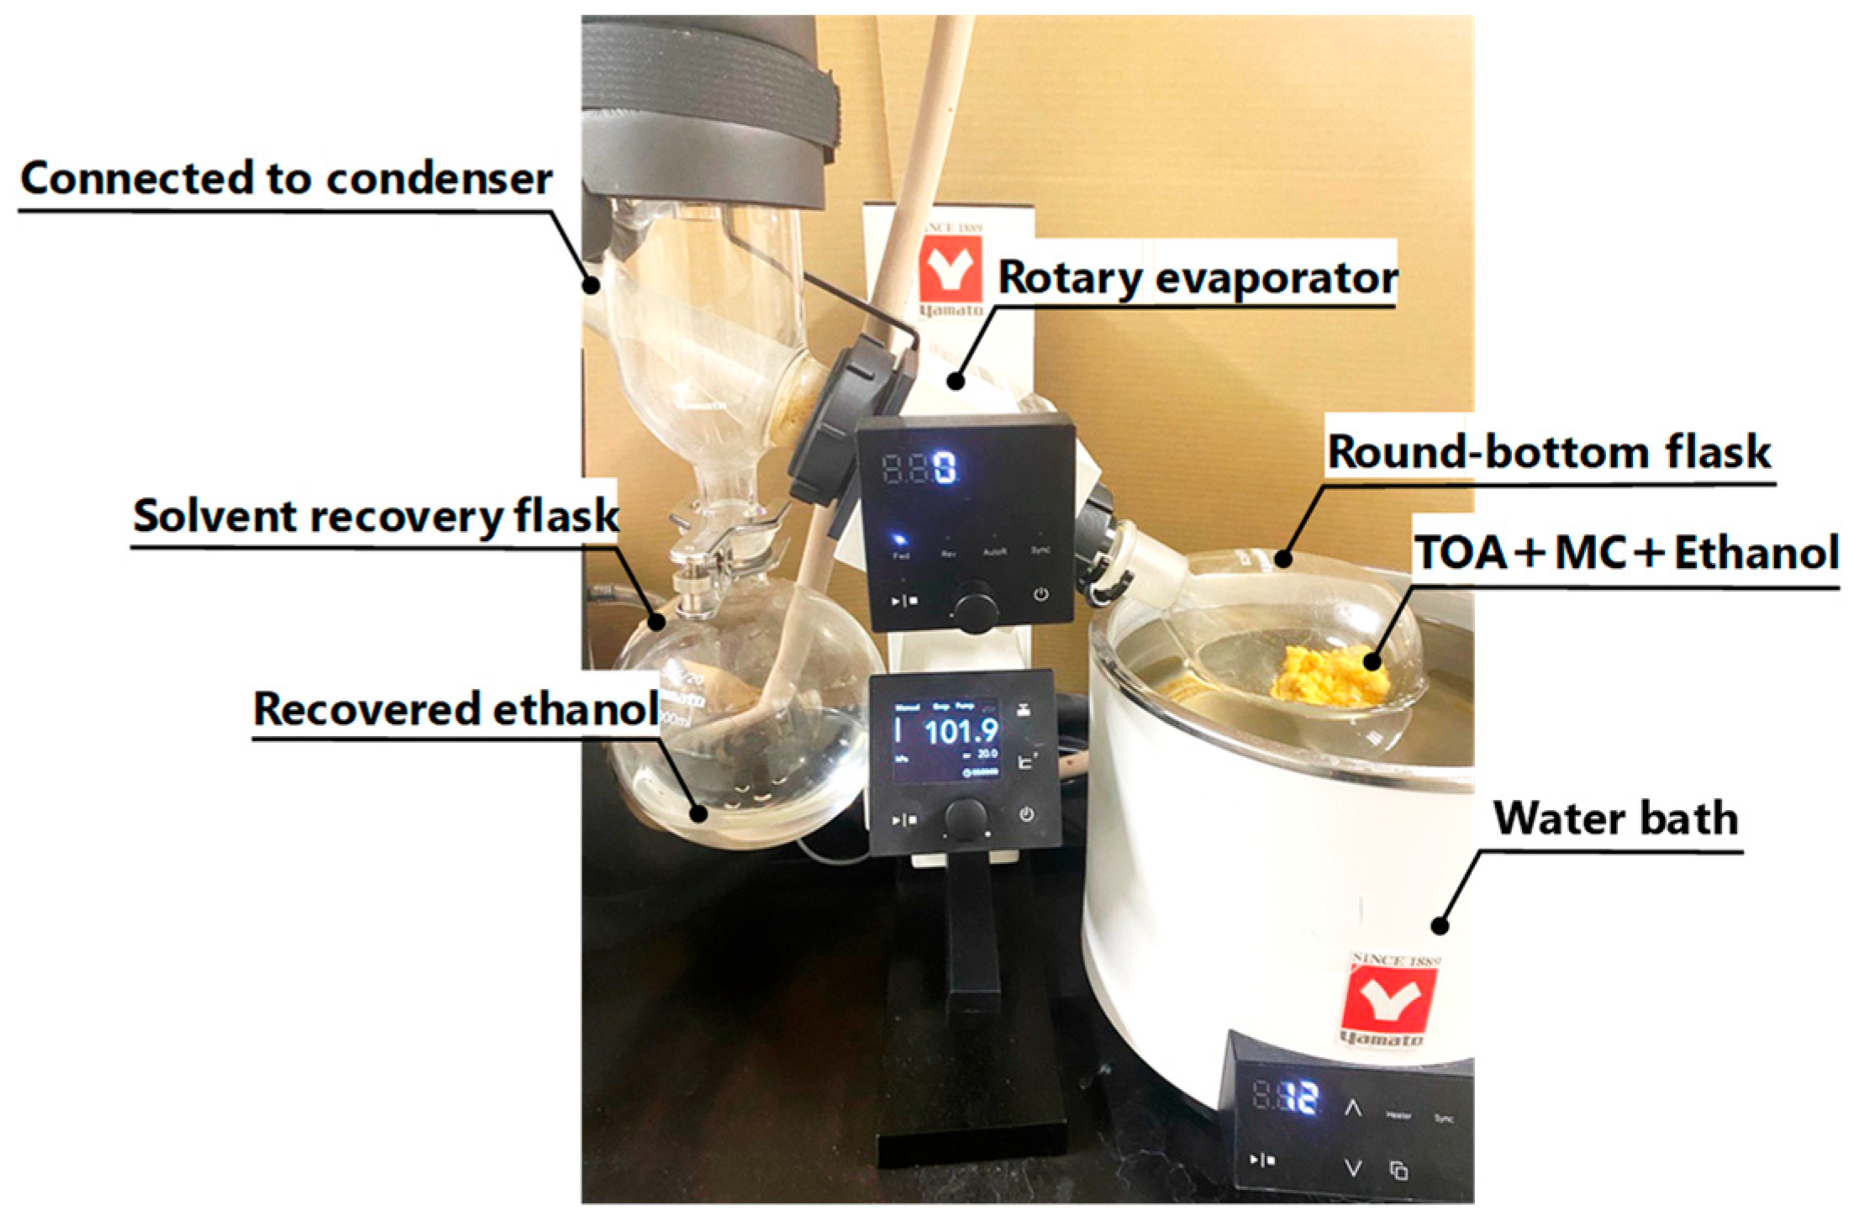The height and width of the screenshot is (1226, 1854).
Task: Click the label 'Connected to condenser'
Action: (286, 178)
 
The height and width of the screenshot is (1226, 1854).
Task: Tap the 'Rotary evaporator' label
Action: (1197, 277)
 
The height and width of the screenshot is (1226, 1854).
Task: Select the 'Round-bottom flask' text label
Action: (1549, 452)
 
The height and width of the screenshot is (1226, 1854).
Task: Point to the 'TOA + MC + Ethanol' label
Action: (1627, 553)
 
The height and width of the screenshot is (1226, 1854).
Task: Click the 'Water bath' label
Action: (1614, 818)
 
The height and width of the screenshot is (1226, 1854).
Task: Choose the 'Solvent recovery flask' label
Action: (375, 515)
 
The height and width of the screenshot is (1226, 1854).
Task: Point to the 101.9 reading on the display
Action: (961, 731)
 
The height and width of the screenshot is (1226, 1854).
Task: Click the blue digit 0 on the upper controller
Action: (945, 468)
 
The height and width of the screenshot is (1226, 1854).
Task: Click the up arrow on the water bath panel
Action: (1352, 1107)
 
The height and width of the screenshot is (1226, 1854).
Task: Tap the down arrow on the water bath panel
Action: (1352, 1167)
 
